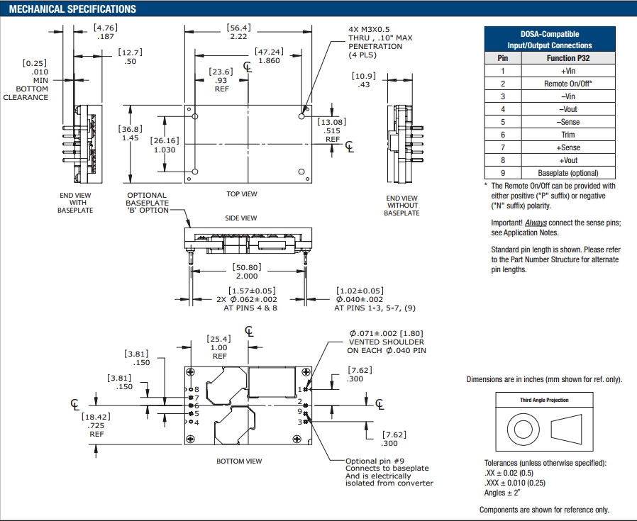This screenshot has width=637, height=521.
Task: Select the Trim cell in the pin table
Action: pos(567,135)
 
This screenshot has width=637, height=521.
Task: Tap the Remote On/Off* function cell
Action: pos(567,84)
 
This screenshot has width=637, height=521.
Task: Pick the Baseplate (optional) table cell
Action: pos(567,173)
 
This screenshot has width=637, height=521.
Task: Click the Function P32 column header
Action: pos(567,58)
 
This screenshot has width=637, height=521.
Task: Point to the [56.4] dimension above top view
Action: pos(238,28)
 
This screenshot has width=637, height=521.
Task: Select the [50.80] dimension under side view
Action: pos(247,268)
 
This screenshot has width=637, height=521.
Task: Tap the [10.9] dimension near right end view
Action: pos(362,76)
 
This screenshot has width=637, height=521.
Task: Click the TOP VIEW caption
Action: pos(243,194)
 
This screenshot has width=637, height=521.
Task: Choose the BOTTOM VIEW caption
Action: pos(239,461)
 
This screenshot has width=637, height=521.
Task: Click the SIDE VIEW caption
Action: pos(240,218)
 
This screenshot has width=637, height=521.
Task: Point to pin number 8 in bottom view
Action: pos(196,390)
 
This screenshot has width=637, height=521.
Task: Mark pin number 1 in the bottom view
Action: pos(301,389)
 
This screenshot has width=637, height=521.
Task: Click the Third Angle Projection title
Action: pos(544,400)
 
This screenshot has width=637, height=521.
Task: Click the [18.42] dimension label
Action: pos(97,418)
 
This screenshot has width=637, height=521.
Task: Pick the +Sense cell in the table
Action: pos(567,147)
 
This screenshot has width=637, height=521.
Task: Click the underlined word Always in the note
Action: pos(536,223)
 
